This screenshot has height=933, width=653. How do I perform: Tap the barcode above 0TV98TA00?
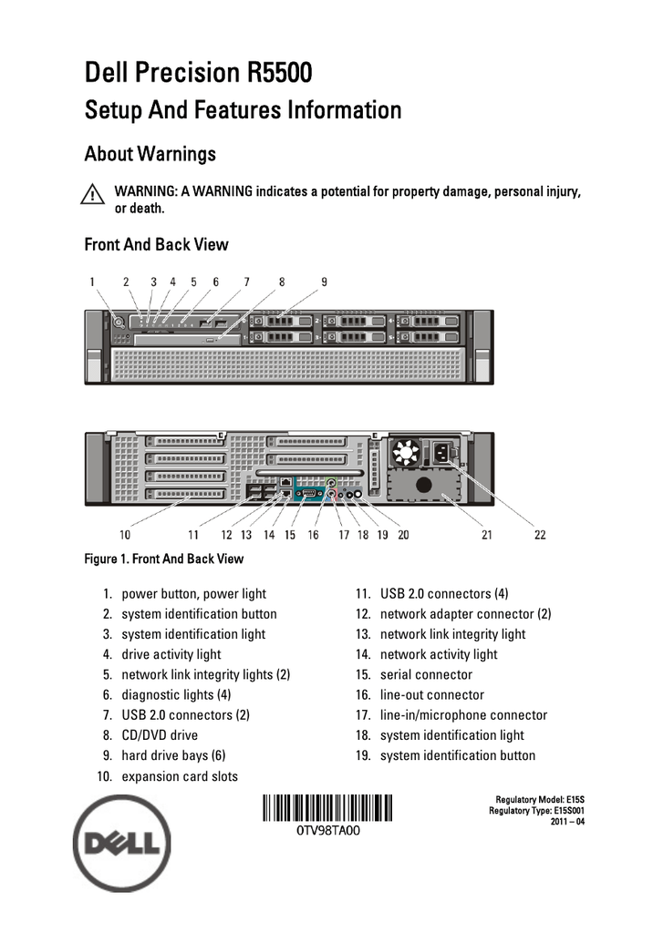pos(328,808)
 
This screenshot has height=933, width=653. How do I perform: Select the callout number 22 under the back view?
pos(540,535)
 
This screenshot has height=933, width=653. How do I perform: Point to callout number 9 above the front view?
pos(324,282)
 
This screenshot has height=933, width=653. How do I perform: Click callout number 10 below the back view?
pos(125,535)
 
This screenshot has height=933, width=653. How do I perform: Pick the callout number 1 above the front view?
pos(92,282)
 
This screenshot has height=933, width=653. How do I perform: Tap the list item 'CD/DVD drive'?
pos(160,735)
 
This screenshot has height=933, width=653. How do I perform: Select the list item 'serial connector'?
pos(426,675)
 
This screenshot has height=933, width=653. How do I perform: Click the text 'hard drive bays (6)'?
pos(173,755)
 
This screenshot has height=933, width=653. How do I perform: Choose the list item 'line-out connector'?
pos(431,695)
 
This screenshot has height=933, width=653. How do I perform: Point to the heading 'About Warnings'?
pos(150,154)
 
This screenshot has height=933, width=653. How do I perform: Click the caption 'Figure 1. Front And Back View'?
pos(164,559)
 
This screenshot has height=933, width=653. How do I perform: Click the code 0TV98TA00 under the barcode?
pos(328,832)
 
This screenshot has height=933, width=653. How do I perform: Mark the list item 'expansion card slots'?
pos(180,776)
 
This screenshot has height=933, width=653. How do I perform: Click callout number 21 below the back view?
pos(487,535)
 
